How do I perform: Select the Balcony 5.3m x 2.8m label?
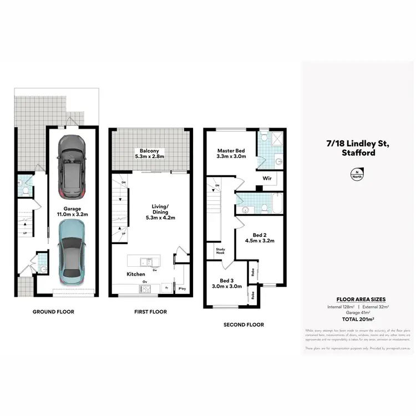[x=150, y=154]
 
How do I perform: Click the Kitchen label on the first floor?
[x=135, y=274]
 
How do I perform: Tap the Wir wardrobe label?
[x=266, y=179]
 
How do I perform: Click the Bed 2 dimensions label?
[x=260, y=237]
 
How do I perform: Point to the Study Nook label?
[x=220, y=252]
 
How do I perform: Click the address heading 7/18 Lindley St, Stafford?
[x=358, y=148]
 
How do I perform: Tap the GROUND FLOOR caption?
[x=53, y=312]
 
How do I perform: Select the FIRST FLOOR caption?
[x=150, y=312]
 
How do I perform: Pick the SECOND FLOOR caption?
[x=243, y=324]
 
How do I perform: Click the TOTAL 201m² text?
[x=358, y=320]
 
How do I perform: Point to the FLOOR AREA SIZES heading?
[x=358, y=298]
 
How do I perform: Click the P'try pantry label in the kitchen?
[x=182, y=288]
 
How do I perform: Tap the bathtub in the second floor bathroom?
[x=269, y=206]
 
